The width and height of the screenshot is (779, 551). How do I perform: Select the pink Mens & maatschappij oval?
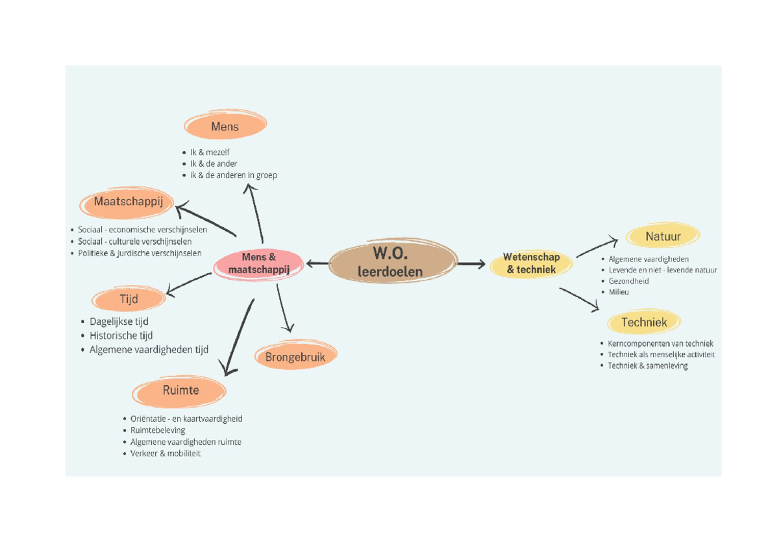pos(259,263)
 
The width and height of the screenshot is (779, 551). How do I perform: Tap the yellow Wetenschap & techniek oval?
pos(531,263)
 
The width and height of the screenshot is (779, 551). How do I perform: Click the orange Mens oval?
pos(225,127)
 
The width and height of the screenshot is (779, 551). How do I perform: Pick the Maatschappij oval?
pos(128,202)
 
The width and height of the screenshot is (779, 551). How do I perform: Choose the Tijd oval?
pos(129,299)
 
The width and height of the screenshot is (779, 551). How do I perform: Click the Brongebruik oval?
pos(295,356)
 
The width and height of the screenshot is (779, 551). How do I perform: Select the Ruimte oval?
pos(180,391)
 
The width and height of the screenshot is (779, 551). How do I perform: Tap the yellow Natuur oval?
pos(663,236)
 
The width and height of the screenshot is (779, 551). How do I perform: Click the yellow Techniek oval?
pos(644,322)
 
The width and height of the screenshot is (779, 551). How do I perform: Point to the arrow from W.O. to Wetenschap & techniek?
pos(471,263)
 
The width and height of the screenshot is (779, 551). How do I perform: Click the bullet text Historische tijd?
pos(121,336)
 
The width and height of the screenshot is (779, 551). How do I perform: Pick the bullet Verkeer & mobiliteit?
pos(166,454)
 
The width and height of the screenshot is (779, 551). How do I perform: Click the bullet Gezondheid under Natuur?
pos(628,281)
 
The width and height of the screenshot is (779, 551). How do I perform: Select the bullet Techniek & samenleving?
pos(647,366)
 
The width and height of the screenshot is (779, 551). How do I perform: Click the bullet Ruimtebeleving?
pos(158,430)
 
